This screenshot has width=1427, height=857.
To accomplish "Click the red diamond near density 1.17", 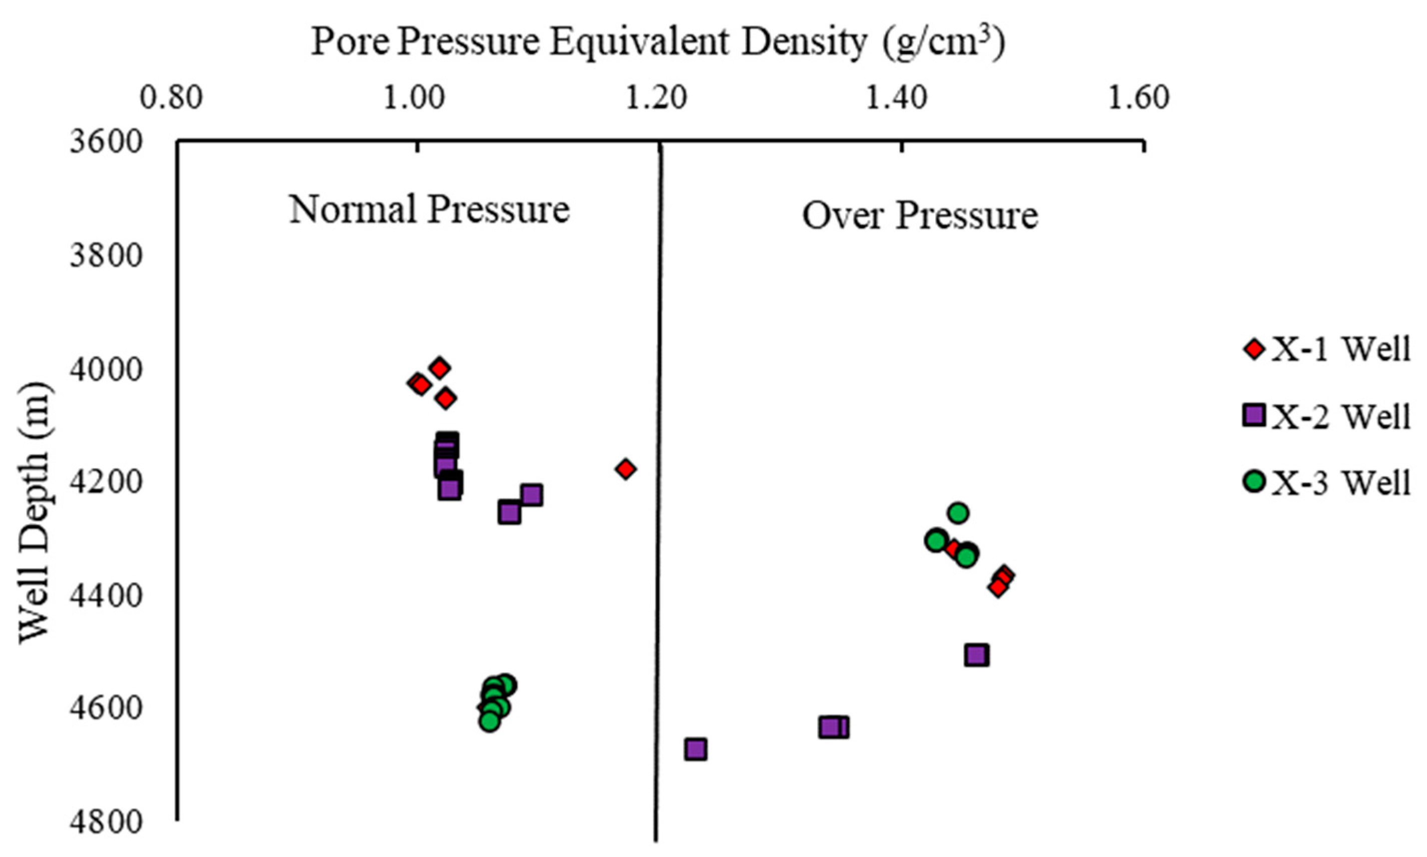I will pos(625,469).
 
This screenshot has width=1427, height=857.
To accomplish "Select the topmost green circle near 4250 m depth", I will pos(958,512).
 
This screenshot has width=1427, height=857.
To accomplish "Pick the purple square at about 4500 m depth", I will pos(976,655).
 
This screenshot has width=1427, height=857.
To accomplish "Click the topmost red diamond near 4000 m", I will pos(440,368).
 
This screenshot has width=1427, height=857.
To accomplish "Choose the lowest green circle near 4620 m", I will pos(490,721).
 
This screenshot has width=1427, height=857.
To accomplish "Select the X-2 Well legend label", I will pos(1341,416).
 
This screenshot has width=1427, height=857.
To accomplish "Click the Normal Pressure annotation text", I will pos(429,209).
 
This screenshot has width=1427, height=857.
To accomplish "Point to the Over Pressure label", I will pos(920,216).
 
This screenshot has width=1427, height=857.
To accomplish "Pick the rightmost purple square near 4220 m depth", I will pos(531,495).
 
